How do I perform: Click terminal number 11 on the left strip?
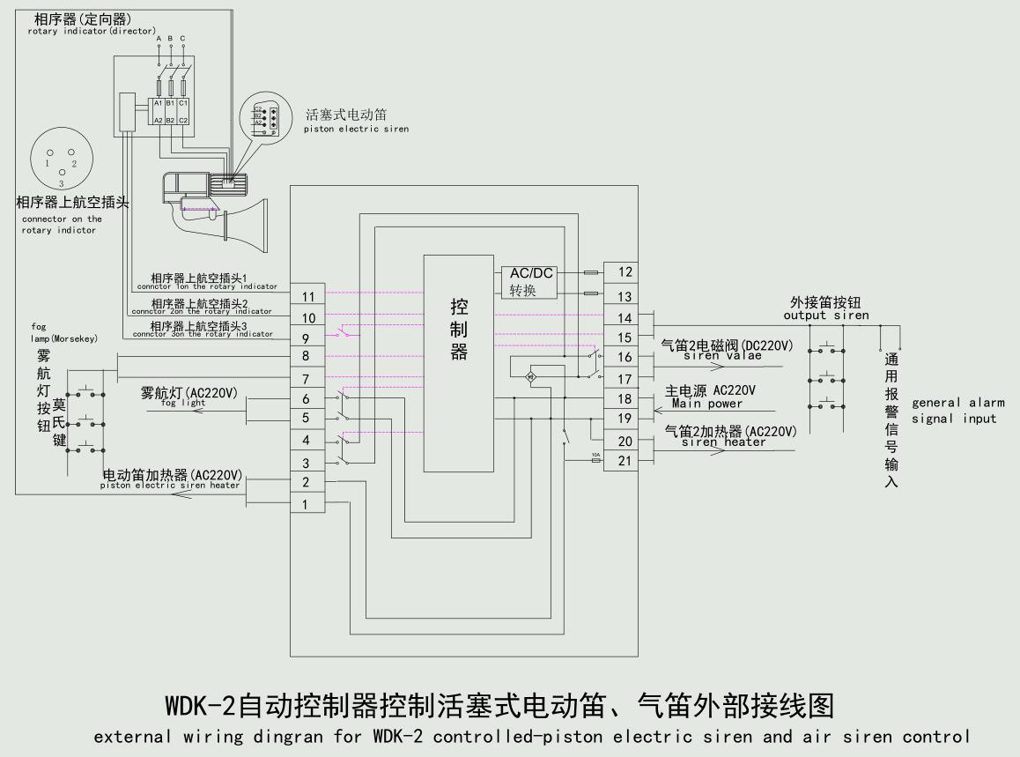click(308, 297)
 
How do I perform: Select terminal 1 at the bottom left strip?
click(306, 505)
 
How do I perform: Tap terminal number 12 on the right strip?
click(625, 272)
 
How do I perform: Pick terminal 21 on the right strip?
click(625, 461)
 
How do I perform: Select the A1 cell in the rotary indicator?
click(159, 103)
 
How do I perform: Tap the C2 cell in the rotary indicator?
click(183, 120)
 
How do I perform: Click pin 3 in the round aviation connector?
click(61, 174)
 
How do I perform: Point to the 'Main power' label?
click(706, 404)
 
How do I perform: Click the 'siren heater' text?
click(723, 442)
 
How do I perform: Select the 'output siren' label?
click(825, 315)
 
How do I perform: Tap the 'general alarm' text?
click(957, 403)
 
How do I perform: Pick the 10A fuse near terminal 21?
click(596, 460)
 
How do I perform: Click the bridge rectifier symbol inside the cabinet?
click(531, 377)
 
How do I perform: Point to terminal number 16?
click(625, 357)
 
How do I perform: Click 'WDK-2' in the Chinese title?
click(201, 706)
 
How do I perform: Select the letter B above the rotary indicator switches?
click(170, 39)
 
